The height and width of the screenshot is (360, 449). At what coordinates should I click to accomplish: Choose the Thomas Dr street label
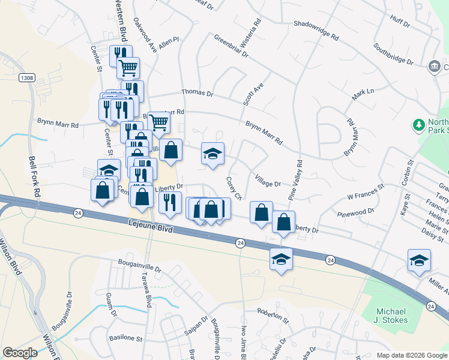click(x=197, y=93)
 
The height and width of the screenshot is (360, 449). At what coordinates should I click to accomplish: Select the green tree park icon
click(x=418, y=125)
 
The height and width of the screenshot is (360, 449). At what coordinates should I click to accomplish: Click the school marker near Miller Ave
click(x=419, y=259)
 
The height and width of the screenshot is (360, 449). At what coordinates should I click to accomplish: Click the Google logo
click(x=20, y=353)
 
